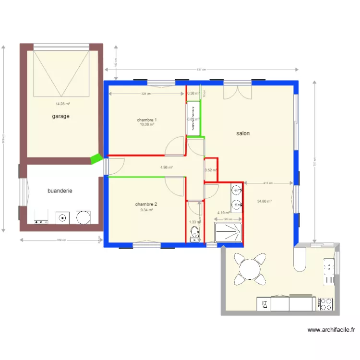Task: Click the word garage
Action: [61, 116]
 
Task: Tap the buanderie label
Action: [60, 191]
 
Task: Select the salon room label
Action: [243, 133]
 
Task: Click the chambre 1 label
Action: [147, 120]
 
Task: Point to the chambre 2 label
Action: [146, 204]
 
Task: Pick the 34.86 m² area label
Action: [264, 202]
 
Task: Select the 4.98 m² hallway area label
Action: [167, 168]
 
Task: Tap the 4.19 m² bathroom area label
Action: [224, 213]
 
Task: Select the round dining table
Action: [250, 269]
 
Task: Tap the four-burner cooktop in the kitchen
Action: [325, 304]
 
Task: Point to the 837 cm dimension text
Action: [202, 70]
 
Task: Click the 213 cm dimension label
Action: [268, 183]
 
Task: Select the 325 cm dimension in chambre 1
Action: [146, 94]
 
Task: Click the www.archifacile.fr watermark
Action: [331, 330]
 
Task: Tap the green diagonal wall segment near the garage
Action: [96, 159]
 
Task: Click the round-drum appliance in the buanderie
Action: [83, 217]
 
